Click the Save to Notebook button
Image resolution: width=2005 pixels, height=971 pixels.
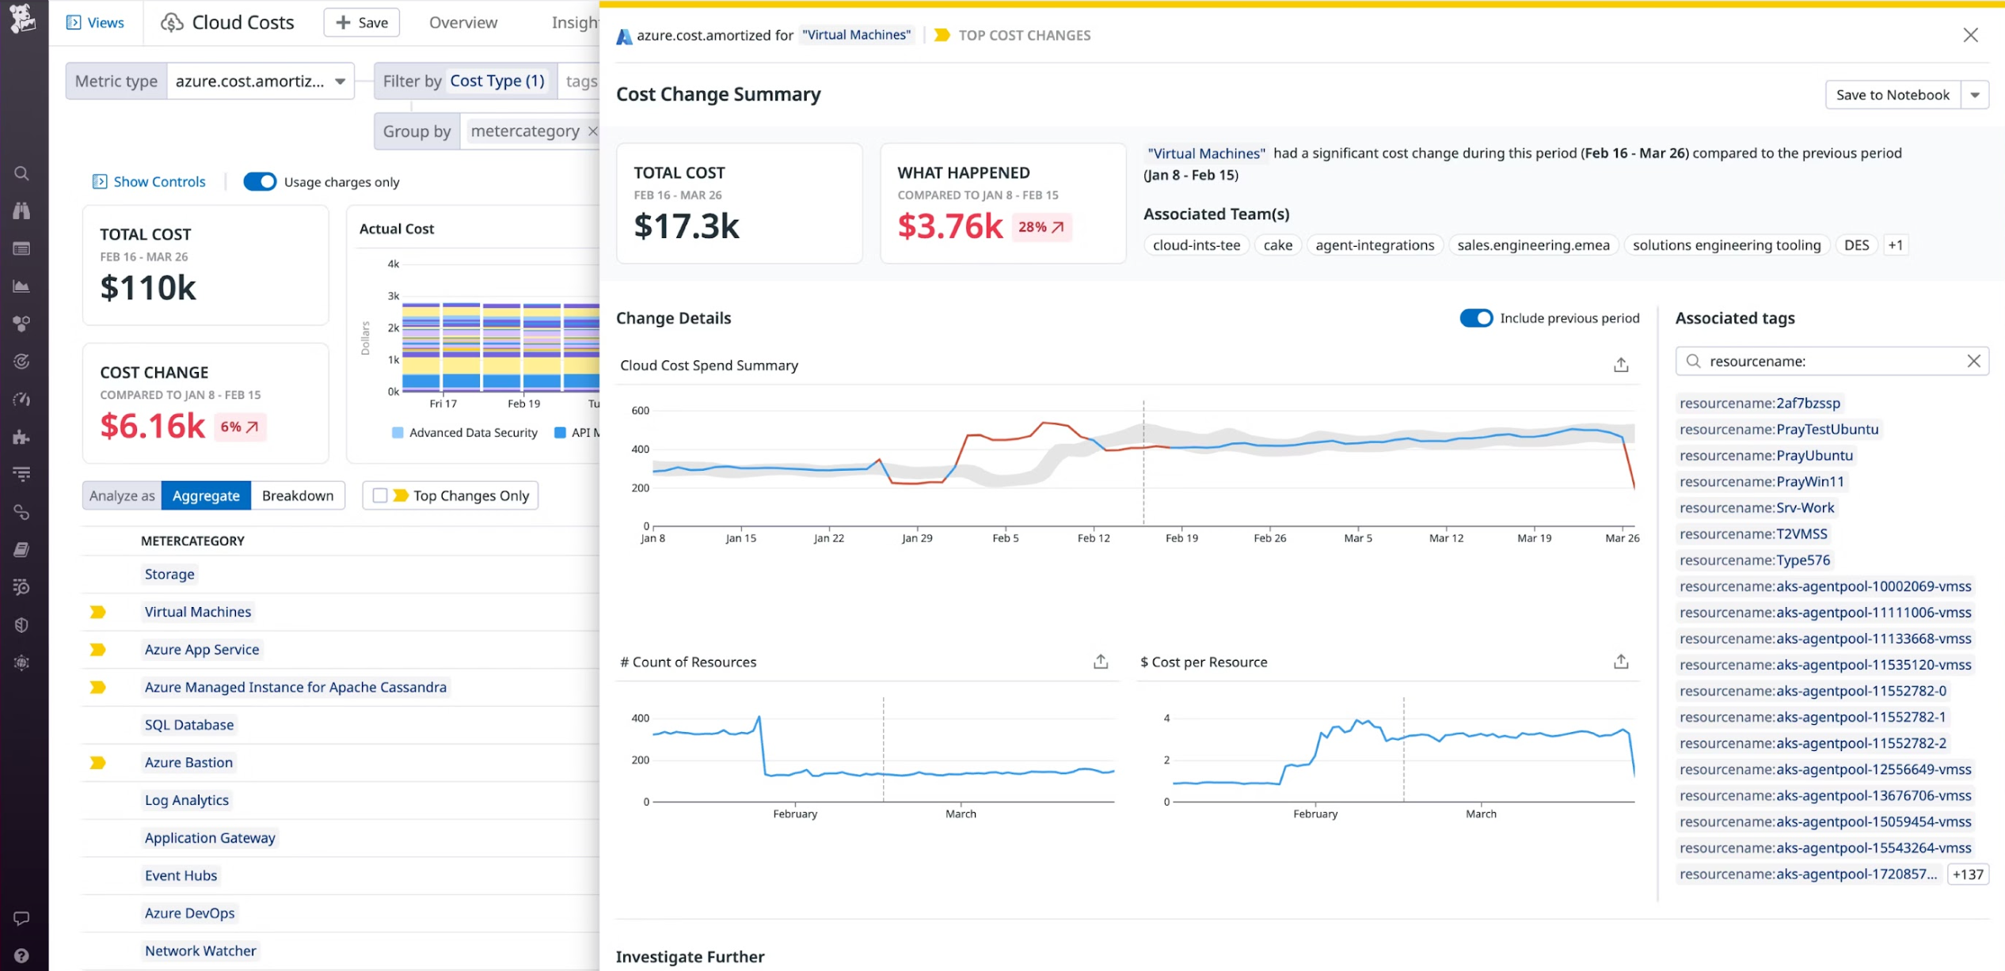[1892, 95]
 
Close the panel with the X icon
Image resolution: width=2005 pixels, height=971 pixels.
[1970, 35]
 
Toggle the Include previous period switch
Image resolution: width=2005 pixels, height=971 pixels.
[1475, 318]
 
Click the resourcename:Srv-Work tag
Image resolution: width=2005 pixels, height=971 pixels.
[1756, 508]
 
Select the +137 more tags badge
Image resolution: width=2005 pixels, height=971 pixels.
[1967, 874]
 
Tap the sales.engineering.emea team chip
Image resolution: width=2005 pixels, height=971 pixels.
[1532, 245]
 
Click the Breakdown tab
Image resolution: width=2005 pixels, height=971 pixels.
[298, 495]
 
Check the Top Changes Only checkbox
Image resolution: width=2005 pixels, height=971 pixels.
[380, 495]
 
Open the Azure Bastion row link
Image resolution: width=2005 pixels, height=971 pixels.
[188, 762]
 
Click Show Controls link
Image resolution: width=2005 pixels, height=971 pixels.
[158, 182]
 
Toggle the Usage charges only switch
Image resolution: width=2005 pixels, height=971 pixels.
[260, 182]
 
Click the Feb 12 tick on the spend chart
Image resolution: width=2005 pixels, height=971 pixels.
[1093, 537]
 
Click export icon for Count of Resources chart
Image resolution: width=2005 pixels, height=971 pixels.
[1100, 662]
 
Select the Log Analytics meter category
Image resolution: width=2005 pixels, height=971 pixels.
[186, 800]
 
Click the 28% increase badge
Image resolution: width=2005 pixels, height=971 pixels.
[1041, 227]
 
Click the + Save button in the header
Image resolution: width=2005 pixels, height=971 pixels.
[362, 23]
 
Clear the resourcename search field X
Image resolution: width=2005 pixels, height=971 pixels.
[1973, 362]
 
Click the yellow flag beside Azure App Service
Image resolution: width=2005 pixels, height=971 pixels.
[97, 650]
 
